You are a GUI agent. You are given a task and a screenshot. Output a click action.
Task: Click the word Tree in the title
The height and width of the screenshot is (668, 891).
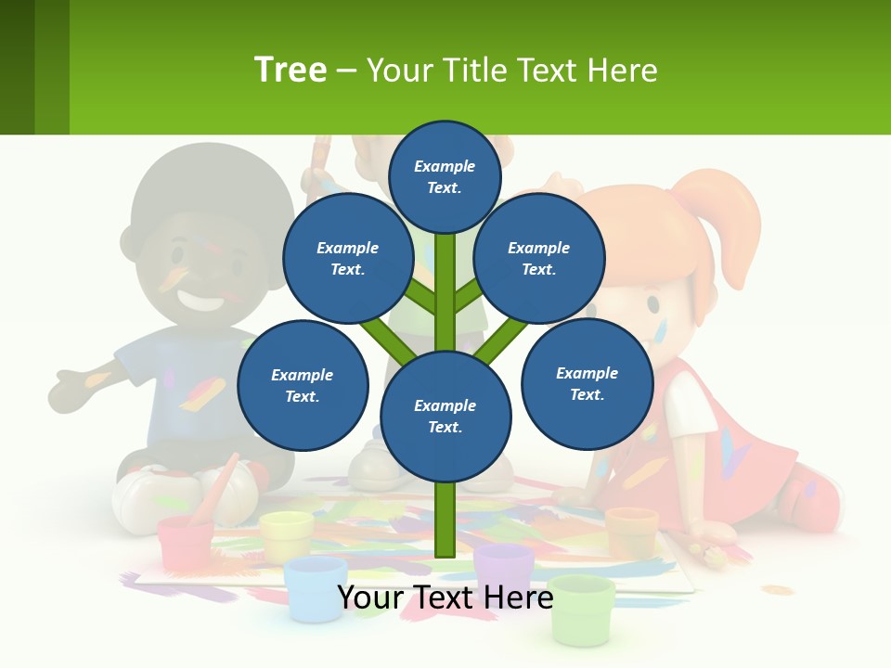click(x=291, y=70)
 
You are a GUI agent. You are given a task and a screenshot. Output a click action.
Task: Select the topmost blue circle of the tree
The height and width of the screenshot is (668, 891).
click(x=445, y=176)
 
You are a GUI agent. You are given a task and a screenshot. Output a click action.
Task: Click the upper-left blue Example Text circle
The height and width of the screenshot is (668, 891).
click(x=347, y=259)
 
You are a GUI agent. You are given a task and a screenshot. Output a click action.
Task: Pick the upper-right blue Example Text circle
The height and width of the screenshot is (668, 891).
click(x=539, y=259)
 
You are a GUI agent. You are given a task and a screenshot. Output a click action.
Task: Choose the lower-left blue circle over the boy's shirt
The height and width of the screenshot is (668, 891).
click(x=303, y=386)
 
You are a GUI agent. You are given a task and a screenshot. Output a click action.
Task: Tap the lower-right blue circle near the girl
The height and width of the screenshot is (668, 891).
click(x=587, y=383)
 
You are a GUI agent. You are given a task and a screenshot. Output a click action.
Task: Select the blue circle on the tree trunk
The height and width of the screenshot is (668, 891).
click(x=445, y=417)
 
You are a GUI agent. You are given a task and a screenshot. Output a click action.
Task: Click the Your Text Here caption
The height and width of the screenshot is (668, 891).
click(x=445, y=598)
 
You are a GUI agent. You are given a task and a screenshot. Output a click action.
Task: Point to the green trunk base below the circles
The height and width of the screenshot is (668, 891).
click(x=445, y=520)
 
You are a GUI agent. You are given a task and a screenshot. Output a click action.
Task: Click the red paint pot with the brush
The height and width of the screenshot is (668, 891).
click(x=186, y=542)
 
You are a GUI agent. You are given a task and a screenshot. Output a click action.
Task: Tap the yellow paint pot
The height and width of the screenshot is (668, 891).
click(x=286, y=535)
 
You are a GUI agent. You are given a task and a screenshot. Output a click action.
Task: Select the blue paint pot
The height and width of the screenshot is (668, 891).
click(x=316, y=586)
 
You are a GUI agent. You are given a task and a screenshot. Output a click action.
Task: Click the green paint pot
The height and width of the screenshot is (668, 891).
click(x=581, y=610)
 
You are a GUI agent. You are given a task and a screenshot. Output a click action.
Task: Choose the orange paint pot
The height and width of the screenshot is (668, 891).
click(x=631, y=532)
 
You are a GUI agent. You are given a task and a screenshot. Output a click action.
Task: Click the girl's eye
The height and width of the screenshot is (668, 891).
click(x=653, y=303)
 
